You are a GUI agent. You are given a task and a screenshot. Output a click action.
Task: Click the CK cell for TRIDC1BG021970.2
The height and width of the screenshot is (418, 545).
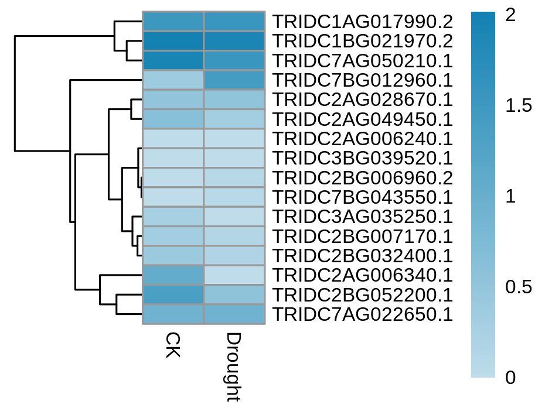pyautogui.click(x=173, y=41)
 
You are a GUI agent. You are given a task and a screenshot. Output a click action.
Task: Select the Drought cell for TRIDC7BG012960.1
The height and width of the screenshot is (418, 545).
pyautogui.click(x=234, y=80)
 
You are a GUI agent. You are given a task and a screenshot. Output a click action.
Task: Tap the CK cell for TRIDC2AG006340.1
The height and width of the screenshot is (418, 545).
pyautogui.click(x=173, y=275)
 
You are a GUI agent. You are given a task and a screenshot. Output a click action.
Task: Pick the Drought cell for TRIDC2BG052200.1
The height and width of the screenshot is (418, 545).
pyautogui.click(x=234, y=294)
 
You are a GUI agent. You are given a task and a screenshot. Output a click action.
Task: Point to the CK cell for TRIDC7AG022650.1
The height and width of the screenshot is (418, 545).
pyautogui.click(x=173, y=314)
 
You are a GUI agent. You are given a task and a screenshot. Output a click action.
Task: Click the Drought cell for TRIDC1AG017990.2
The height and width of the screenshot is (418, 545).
pyautogui.click(x=234, y=22)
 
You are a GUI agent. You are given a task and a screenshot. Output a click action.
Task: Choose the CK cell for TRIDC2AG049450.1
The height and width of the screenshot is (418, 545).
pyautogui.click(x=173, y=119)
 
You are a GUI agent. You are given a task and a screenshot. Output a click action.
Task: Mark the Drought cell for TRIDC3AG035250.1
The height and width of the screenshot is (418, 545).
pyautogui.click(x=234, y=217)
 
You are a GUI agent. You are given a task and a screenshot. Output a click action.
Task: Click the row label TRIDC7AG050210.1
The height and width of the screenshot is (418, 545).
pyautogui.click(x=363, y=61)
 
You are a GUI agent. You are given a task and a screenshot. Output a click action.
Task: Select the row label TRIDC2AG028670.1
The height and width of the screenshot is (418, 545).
pyautogui.click(x=363, y=100)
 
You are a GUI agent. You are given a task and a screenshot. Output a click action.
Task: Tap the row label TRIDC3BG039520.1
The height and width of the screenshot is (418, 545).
pyautogui.click(x=363, y=158)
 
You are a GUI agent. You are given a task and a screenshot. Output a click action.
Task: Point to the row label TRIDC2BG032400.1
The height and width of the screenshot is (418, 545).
pyautogui.click(x=363, y=256)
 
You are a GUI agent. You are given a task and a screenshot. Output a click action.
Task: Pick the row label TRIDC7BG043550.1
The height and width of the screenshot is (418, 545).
pyautogui.click(x=363, y=197)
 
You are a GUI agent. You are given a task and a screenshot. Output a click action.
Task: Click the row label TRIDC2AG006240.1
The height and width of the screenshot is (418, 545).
pyautogui.click(x=363, y=139)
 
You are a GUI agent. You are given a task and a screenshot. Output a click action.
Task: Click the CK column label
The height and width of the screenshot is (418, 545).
pyautogui.click(x=173, y=345)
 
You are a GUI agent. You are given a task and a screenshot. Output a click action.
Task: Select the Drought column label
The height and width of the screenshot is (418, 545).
pyautogui.click(x=234, y=367)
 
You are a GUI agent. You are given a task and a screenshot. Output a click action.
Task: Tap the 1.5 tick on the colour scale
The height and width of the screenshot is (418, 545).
pyautogui.click(x=519, y=105)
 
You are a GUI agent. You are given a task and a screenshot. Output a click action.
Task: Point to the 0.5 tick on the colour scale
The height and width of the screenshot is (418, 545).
pyautogui.click(x=519, y=287)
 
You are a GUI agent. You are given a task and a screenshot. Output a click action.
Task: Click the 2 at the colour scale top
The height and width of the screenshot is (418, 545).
pyautogui.click(x=510, y=15)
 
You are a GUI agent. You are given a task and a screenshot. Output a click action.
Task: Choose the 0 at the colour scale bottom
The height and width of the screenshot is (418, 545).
pyautogui.click(x=510, y=378)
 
